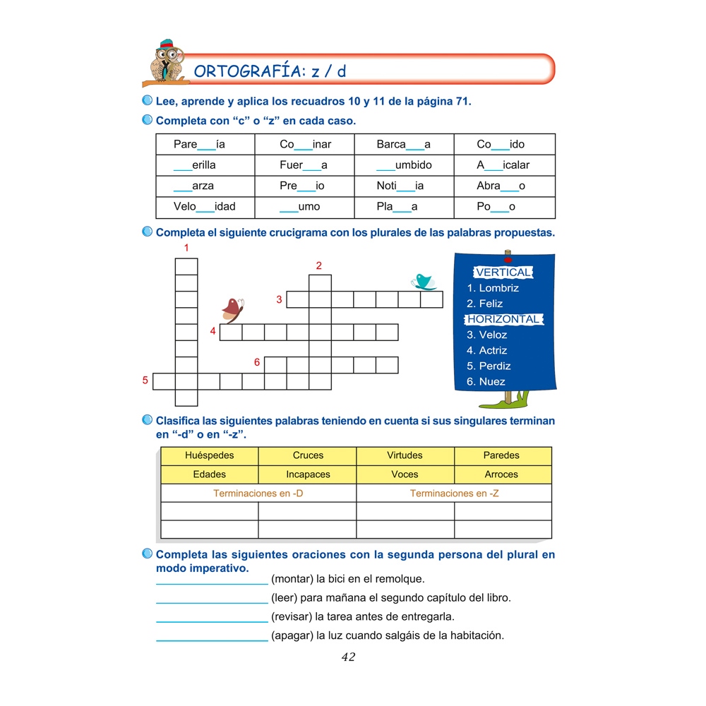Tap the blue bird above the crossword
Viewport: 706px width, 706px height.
(x=424, y=282)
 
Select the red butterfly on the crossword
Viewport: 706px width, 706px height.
(x=232, y=309)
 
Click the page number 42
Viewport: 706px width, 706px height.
(x=348, y=657)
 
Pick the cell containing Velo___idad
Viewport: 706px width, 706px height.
(x=205, y=207)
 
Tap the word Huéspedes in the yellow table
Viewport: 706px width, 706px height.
(x=210, y=455)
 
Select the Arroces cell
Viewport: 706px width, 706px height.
(x=502, y=474)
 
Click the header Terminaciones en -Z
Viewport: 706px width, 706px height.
(x=454, y=493)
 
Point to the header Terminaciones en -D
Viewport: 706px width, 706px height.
(x=258, y=493)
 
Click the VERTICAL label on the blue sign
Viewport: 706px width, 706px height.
(x=503, y=273)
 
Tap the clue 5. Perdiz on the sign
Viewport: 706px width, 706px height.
(x=489, y=366)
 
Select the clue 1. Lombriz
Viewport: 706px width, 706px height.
(x=493, y=288)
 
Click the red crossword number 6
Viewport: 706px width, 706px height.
(x=257, y=362)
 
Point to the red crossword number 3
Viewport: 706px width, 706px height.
(x=280, y=300)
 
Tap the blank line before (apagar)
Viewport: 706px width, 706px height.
(x=212, y=640)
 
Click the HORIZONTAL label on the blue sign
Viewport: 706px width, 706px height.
(x=503, y=319)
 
